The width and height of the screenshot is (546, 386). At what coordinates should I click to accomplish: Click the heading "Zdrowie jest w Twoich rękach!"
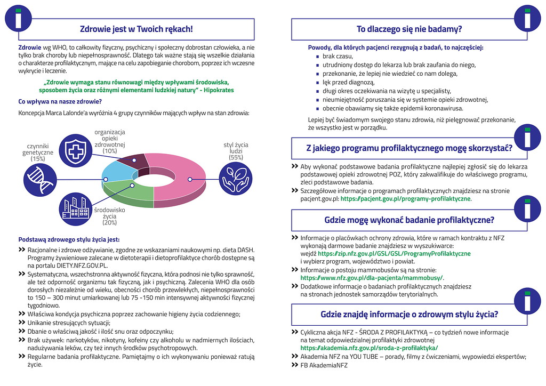[136, 29]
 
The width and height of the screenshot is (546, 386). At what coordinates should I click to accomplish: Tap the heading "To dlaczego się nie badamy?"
[409, 29]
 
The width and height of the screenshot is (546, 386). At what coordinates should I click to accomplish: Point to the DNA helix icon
[40, 176]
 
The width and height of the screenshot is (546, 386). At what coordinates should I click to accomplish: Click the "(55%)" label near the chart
[236, 157]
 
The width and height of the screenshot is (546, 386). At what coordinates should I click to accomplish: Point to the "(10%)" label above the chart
[110, 151]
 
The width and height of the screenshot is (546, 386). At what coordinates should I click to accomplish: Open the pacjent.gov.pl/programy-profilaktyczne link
[406, 198]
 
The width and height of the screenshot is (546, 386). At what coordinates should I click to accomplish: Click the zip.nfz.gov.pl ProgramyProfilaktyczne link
[394, 254]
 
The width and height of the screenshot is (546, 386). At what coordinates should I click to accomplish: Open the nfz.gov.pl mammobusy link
[372, 278]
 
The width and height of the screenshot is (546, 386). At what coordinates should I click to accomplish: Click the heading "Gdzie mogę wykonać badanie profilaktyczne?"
[409, 220]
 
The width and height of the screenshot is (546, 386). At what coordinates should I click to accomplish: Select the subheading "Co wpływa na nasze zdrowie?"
[60, 101]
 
